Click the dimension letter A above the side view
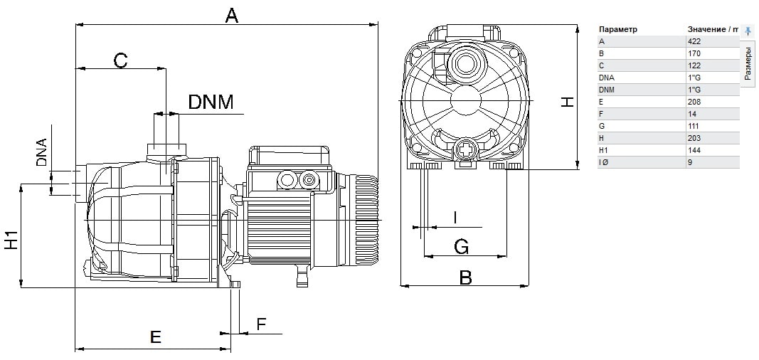coord(233,16)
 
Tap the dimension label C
coord(120,61)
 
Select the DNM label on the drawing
coord(211,102)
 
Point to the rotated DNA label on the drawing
coord(42,152)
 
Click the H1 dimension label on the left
coord(11,240)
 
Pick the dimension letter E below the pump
coord(155,337)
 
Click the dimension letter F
coord(261,324)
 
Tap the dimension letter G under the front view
coord(462,248)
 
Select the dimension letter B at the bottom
coord(466,277)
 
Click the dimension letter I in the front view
coord(455,218)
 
